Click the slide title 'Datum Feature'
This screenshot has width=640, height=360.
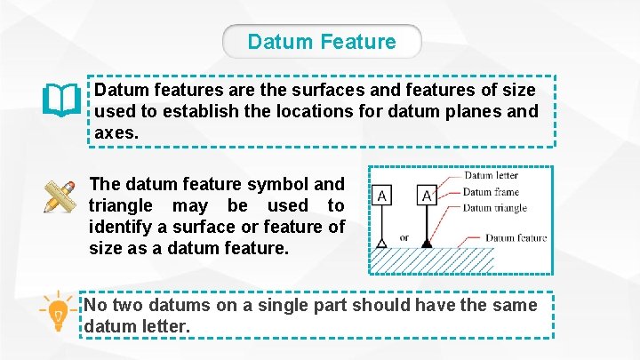(322, 42)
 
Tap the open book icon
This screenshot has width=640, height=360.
(61, 100)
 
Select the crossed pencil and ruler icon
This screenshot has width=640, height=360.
(60, 196)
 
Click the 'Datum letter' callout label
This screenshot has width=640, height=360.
(492, 176)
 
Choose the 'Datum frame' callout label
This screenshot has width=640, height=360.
(491, 192)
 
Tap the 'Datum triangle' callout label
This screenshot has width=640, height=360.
(495, 208)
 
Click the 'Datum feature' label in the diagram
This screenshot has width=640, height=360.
(516, 238)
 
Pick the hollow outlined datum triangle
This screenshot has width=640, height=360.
(381, 242)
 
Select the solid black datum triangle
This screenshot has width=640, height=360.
(427, 241)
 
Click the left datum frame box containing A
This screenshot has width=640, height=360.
(381, 195)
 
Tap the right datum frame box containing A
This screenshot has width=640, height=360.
(427, 195)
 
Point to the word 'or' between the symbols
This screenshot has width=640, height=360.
(404, 238)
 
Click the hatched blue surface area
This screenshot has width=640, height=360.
(432, 260)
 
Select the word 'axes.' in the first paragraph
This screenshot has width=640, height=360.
(116, 132)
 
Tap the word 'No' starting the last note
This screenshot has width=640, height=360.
(95, 306)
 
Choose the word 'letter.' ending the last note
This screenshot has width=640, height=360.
(164, 327)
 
